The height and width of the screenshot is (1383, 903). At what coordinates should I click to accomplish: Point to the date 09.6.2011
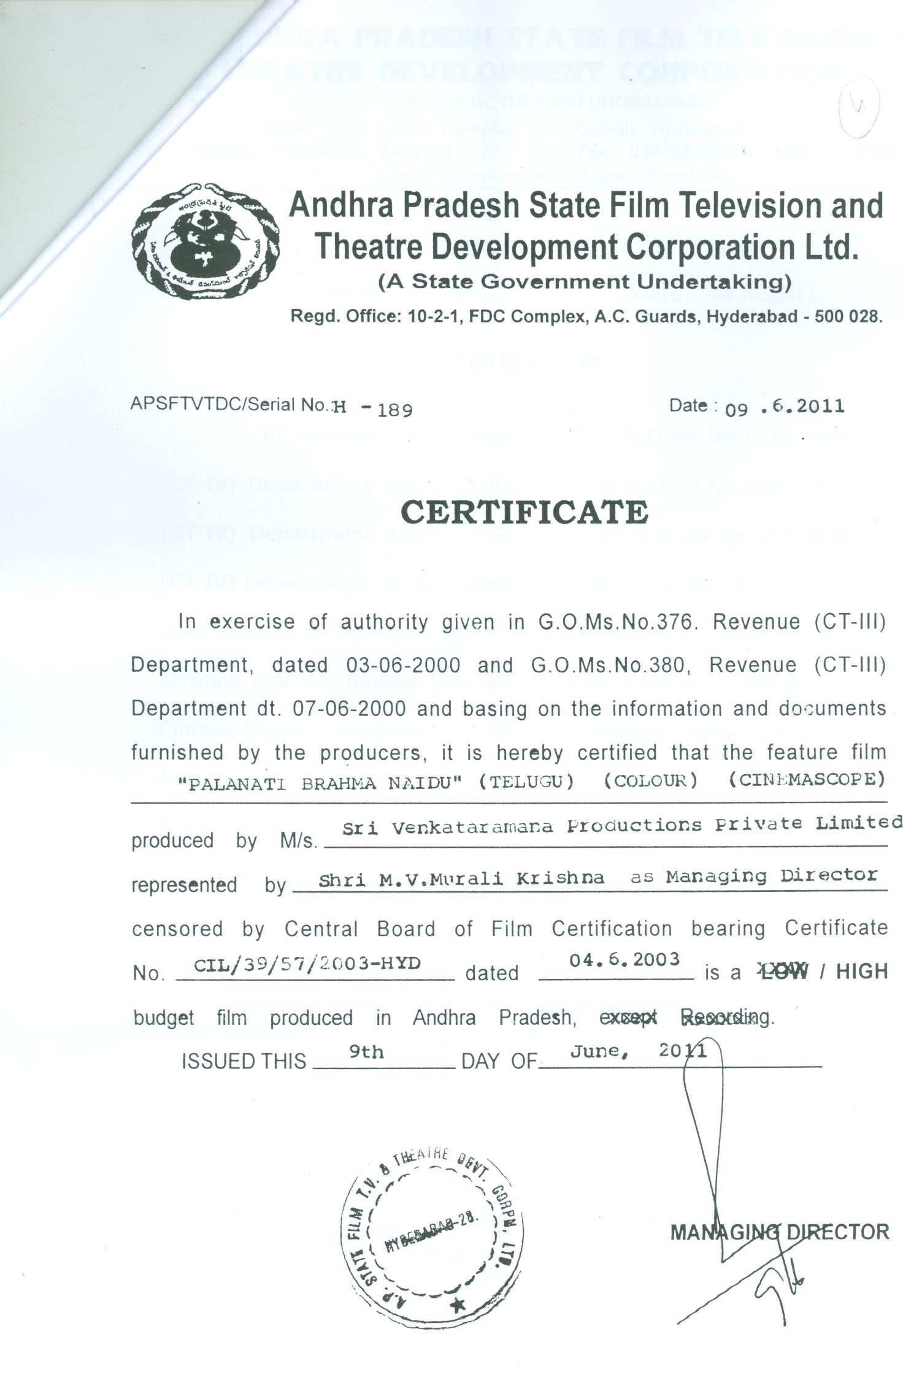tap(785, 406)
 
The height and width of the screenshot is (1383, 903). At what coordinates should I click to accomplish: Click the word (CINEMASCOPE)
tap(807, 780)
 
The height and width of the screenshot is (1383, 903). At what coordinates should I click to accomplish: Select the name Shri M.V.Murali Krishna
tap(461, 878)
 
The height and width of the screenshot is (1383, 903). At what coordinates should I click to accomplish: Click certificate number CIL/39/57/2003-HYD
tap(307, 964)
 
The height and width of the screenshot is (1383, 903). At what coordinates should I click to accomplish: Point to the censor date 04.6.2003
tap(624, 959)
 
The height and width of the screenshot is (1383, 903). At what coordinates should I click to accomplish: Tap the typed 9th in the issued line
tap(366, 1052)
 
